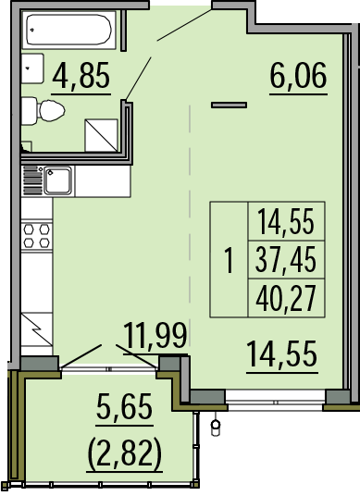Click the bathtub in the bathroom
tap(69, 30)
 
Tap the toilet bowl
tap(52, 111)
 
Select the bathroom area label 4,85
tap(81, 75)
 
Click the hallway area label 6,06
tap(298, 75)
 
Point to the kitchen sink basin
tap(58, 180)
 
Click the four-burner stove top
tap(37, 235)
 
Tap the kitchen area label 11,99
tap(155, 335)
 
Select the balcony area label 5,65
tap(124, 406)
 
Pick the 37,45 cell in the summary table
tap(286, 260)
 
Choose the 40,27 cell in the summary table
tap(286, 298)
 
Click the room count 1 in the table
tap(229, 260)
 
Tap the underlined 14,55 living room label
tap(282, 353)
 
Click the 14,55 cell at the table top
tap(286, 221)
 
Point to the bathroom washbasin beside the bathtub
tap(32, 68)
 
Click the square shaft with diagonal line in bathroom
tap(101, 135)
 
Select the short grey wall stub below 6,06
tap(229, 105)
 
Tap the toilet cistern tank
tap(29, 111)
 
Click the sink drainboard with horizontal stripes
tap(32, 180)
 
